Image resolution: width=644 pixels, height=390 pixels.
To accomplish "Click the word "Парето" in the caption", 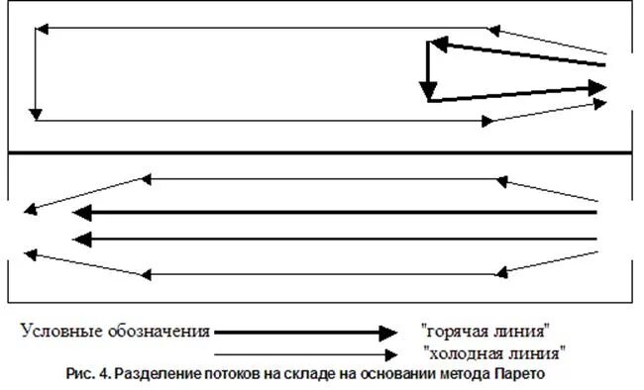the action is point(521,374).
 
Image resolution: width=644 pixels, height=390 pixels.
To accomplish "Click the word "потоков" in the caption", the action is point(253,374).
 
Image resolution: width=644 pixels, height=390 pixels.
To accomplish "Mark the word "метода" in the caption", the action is point(468,374).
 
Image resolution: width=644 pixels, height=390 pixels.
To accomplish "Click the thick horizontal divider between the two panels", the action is point(317,153).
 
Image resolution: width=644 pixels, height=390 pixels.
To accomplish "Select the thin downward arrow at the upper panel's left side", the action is point(36,74).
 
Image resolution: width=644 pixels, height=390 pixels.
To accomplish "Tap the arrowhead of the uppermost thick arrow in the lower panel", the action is point(79,213).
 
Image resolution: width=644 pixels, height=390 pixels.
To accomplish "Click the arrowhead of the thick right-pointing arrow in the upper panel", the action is point(596,87).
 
